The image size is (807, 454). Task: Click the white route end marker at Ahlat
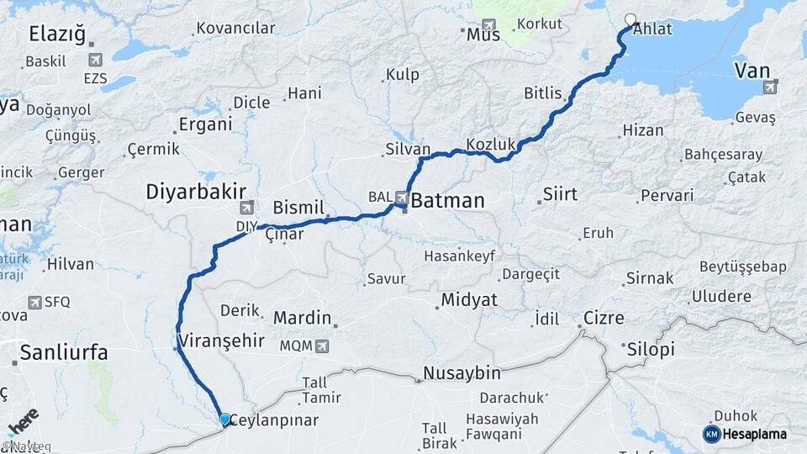[x=630, y=19]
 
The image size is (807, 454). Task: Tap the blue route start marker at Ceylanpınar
[x=224, y=419]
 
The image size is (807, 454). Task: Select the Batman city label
[x=448, y=201]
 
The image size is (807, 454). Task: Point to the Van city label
[x=752, y=70]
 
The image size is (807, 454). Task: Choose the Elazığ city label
[x=57, y=34]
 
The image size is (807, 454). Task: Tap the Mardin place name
[x=302, y=319]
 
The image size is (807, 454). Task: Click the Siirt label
[x=561, y=195]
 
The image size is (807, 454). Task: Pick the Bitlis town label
[x=542, y=92]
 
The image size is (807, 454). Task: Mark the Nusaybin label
[x=462, y=372]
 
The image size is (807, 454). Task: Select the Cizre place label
[x=604, y=319]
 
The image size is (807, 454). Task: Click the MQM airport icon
[x=322, y=346]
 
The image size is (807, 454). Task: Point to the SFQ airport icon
[x=34, y=302]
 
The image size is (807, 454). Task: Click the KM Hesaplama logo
[x=745, y=434]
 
